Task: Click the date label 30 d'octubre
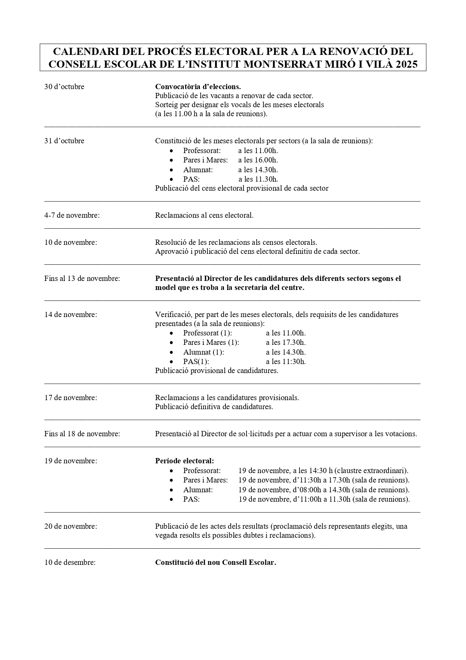point(64,87)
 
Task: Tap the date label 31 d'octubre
point(64,141)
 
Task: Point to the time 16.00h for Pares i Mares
point(258,160)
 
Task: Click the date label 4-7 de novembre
point(72,215)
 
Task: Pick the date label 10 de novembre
point(71,243)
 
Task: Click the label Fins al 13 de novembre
point(82,279)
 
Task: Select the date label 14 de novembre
point(71,315)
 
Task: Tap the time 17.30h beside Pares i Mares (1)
point(286,343)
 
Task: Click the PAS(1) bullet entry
point(196,362)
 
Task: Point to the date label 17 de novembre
point(71,398)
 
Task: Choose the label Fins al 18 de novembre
point(82,434)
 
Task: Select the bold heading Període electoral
point(185,461)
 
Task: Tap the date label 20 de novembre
point(71,526)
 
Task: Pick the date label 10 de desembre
point(70,563)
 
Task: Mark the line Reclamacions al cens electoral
point(204,215)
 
